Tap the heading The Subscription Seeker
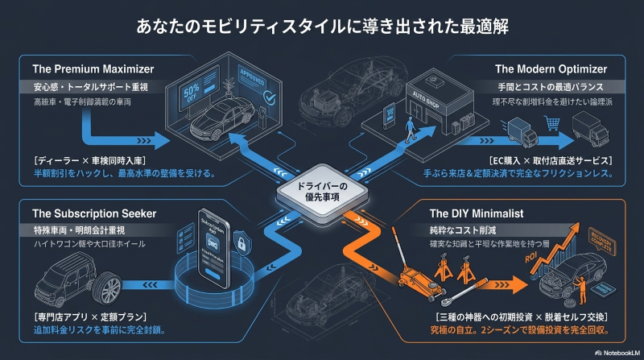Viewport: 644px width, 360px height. (94, 213)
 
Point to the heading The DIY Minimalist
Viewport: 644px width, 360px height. (477, 213)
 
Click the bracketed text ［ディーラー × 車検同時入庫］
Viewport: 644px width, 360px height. (92, 160)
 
